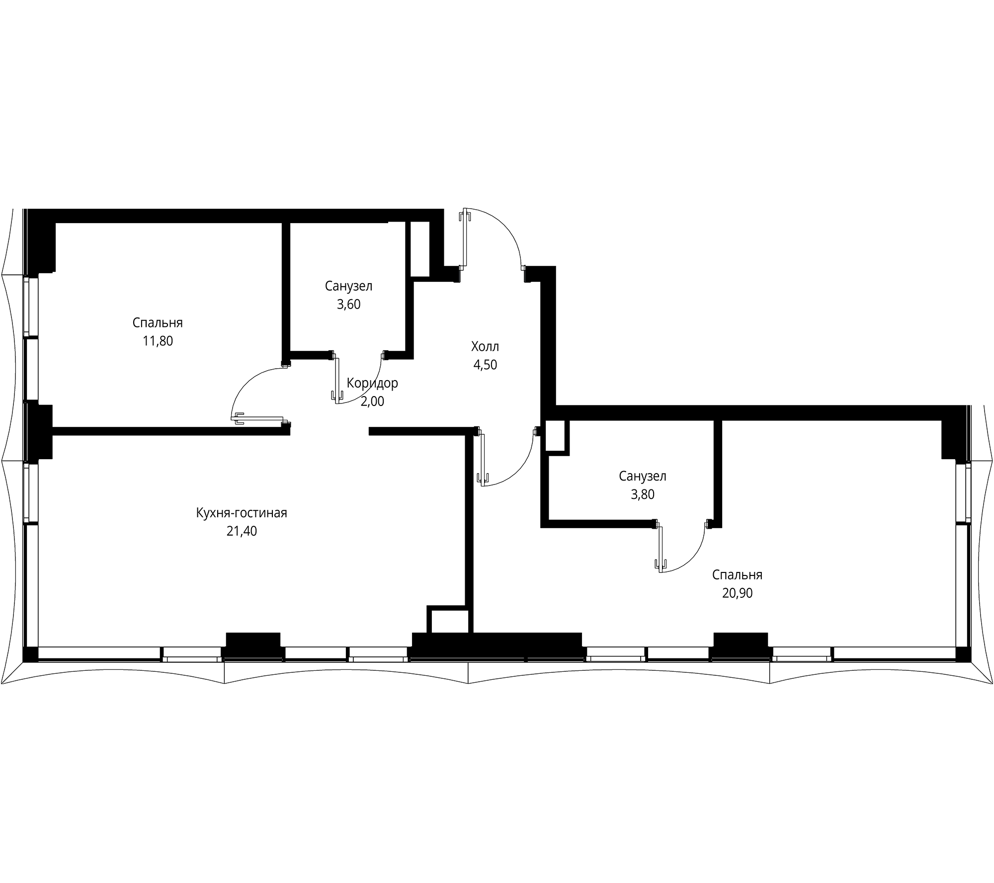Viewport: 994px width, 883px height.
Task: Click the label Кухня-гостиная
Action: pyautogui.click(x=242, y=513)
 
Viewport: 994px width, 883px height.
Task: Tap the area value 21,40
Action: pyautogui.click(x=242, y=531)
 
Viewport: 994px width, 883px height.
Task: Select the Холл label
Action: pyautogui.click(x=485, y=346)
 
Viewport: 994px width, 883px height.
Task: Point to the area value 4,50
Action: pyautogui.click(x=485, y=365)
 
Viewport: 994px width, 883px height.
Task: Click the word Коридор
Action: pyautogui.click(x=372, y=383)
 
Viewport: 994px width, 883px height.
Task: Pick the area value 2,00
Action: pyautogui.click(x=372, y=401)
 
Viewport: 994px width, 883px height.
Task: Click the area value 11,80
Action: pyautogui.click(x=158, y=341)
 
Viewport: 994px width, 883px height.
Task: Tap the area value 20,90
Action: pyautogui.click(x=737, y=593)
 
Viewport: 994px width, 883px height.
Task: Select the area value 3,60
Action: pyautogui.click(x=348, y=305)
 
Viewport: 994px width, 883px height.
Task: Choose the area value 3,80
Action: pyautogui.click(x=642, y=494)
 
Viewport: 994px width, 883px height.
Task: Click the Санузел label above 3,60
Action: pyautogui.click(x=348, y=286)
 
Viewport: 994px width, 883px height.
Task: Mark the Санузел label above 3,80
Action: pyautogui.click(x=642, y=476)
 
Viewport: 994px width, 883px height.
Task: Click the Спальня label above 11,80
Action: pyautogui.click(x=158, y=323)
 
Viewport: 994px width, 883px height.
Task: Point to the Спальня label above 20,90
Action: pyautogui.click(x=737, y=575)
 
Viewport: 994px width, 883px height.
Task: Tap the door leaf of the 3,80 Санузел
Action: pyautogui.click(x=661, y=547)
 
